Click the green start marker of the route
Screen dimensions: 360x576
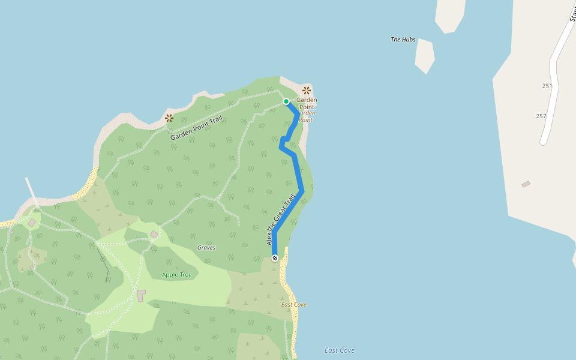[x=286, y=101]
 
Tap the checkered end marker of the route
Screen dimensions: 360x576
[x=275, y=258]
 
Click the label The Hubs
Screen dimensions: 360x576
[x=403, y=40]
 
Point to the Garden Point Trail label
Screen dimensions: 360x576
[x=196, y=128]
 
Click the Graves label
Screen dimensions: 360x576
[x=206, y=247]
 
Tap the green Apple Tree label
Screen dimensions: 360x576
[x=177, y=275]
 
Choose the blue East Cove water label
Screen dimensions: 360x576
[x=339, y=350]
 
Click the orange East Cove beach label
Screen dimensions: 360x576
[x=294, y=305]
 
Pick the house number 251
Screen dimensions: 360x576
[x=547, y=86]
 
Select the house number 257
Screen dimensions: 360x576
[x=541, y=116]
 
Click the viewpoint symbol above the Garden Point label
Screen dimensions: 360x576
[x=307, y=90]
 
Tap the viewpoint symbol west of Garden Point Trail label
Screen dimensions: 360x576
[x=169, y=118]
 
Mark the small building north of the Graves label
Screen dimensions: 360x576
[x=154, y=234]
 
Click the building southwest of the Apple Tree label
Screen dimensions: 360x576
[x=141, y=296]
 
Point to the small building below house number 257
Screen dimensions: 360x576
[x=526, y=184]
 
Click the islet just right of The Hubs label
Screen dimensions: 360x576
[x=425, y=55]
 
